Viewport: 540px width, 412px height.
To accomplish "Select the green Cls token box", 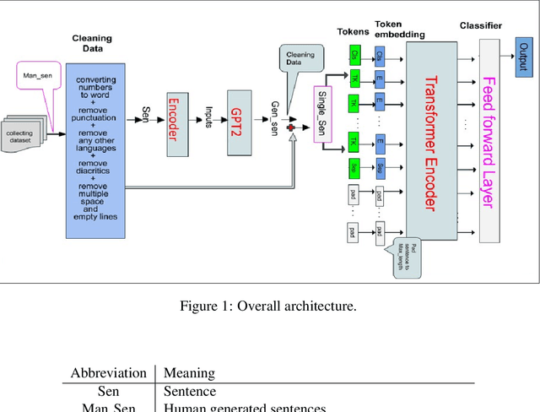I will pos(355,57).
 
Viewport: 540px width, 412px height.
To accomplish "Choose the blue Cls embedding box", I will pos(380,57).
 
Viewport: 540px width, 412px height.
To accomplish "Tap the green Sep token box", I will pos(355,167).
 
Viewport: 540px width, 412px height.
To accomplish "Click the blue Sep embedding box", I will pos(380,167).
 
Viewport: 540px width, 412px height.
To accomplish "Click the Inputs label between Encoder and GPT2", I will pos(208,111).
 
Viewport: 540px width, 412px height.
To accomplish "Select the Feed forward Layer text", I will pos(487,140).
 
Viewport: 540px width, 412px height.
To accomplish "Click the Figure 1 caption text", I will pos(269,306).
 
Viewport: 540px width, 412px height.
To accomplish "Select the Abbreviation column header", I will pos(107,372).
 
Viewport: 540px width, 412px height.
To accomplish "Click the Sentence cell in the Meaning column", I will pos(190,392).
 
